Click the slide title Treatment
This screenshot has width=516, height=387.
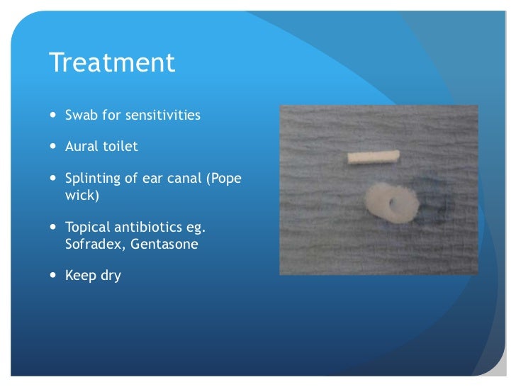(x=112, y=63)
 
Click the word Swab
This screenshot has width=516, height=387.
(x=81, y=115)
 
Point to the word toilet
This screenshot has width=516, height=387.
(x=122, y=147)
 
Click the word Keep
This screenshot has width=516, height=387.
(x=80, y=276)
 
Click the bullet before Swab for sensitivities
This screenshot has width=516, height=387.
(x=55, y=116)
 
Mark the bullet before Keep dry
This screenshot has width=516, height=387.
(x=55, y=276)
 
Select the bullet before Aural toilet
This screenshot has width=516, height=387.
(x=55, y=147)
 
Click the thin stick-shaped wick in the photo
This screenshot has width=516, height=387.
(x=373, y=157)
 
